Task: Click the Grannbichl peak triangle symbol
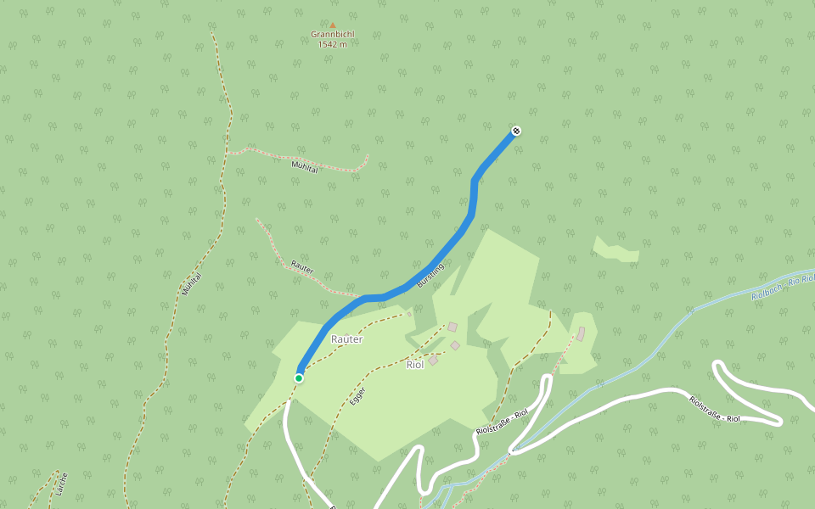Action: pos(333,25)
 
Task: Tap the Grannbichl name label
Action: pos(333,35)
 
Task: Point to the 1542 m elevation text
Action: pos(333,44)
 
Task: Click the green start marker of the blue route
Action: pos(299,378)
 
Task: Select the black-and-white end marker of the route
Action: pos(516,131)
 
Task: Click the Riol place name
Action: pos(415,365)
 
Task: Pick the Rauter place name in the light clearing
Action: pos(346,339)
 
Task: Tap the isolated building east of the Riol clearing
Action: pos(581,334)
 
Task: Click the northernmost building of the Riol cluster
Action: pos(452,327)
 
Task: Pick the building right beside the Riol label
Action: pos(433,361)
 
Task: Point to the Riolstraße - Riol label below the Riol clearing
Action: pos(502,422)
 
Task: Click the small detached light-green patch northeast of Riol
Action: pos(616,250)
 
